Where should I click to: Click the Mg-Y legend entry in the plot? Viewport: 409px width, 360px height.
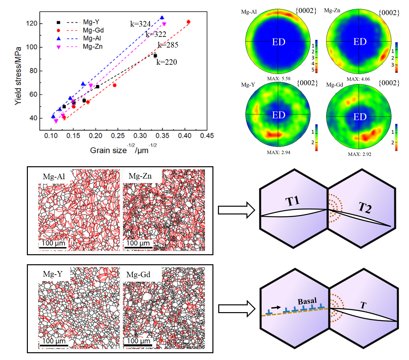pyautogui.click(x=91, y=22)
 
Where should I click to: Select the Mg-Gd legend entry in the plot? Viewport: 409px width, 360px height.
pyautogui.click(x=93, y=30)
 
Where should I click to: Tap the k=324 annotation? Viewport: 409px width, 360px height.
pyautogui.click(x=141, y=24)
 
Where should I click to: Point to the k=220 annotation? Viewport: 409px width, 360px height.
pyautogui.click(x=167, y=62)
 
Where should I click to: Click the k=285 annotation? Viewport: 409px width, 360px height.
pyautogui.click(x=168, y=45)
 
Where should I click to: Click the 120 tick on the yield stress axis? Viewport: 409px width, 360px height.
pyautogui.click(x=33, y=24)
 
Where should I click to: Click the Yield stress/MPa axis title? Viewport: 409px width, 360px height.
pyautogui.click(x=18, y=76)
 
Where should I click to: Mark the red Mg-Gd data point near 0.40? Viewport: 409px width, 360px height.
pyautogui.click(x=188, y=22)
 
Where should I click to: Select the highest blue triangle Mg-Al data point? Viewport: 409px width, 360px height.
pyautogui.click(x=162, y=18)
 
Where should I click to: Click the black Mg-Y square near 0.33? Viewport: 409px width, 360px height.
pyautogui.click(x=155, y=56)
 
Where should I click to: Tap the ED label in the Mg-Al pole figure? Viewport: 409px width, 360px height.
pyautogui.click(x=278, y=42)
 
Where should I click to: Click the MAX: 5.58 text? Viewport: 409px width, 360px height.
pyautogui.click(x=278, y=79)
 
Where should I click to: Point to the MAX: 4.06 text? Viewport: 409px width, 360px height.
pyautogui.click(x=358, y=79)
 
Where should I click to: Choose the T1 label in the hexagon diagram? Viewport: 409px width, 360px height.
pyautogui.click(x=293, y=201)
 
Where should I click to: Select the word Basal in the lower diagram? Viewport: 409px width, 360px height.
pyautogui.click(x=307, y=301)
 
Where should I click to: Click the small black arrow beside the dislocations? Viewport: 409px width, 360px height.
pyautogui.click(x=276, y=307)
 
